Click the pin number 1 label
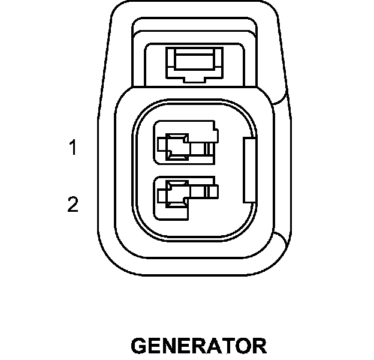click(x=73, y=148)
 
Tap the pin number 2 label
click(x=73, y=205)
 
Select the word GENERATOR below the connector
click(x=198, y=346)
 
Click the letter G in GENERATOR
click(x=139, y=346)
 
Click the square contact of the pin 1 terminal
click(x=177, y=146)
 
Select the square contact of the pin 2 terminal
click(x=177, y=194)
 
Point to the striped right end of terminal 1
click(x=209, y=147)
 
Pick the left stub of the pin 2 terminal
click(x=161, y=194)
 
